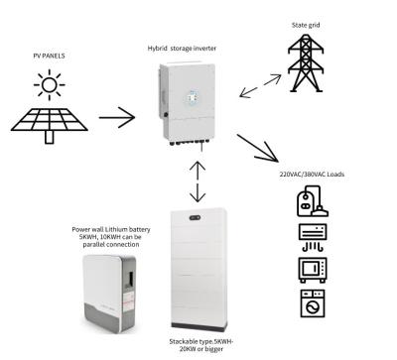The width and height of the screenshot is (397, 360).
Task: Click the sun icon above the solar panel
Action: pyautogui.click(x=47, y=88)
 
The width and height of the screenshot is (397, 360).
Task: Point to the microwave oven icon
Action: pyautogui.click(x=312, y=268)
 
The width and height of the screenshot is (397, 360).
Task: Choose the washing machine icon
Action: pyautogui.click(x=312, y=301)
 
